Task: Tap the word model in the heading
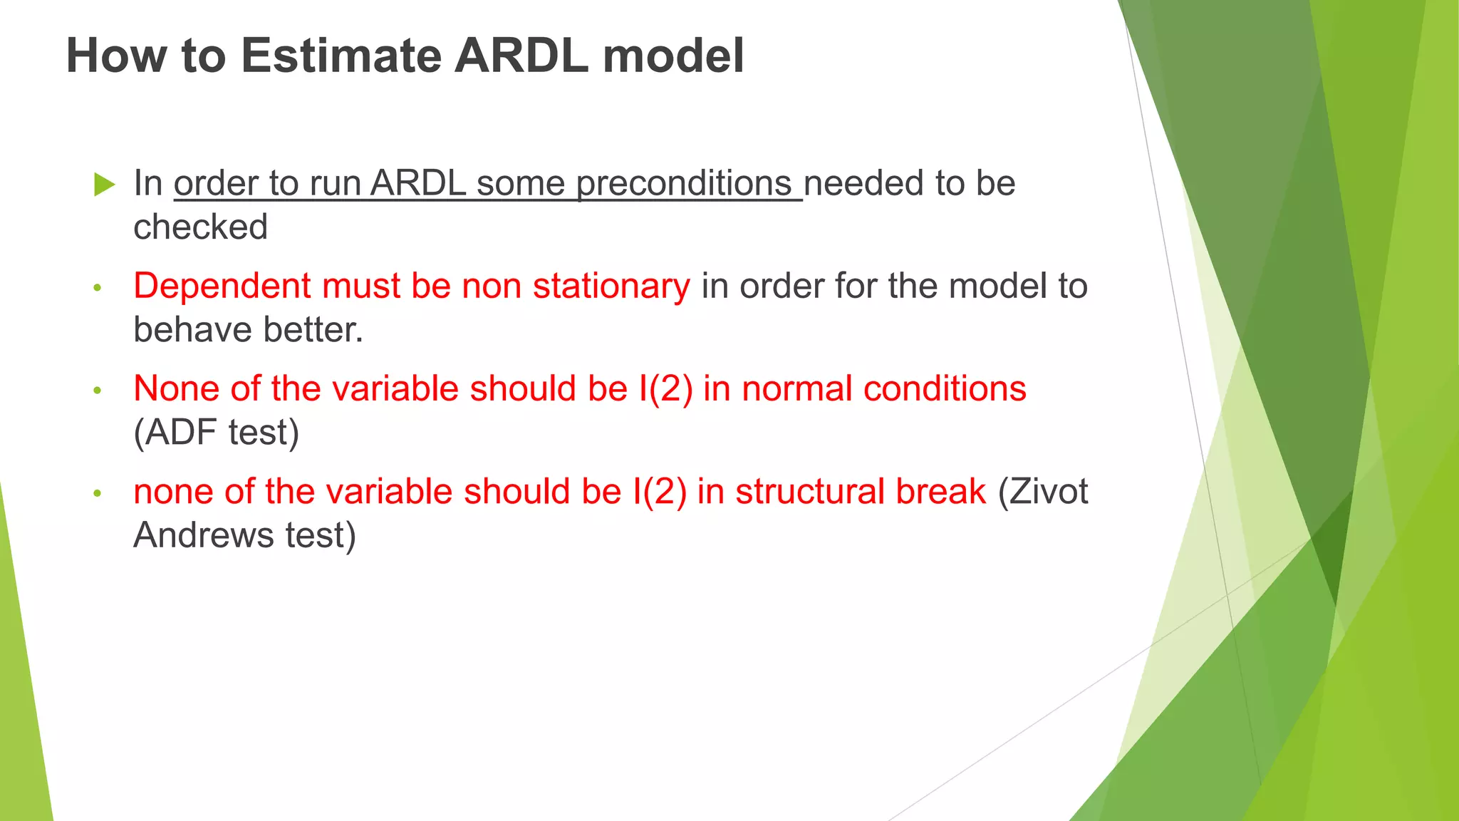673,56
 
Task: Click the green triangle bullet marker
104,185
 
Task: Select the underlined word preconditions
683,184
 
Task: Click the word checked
200,227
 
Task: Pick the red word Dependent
222,286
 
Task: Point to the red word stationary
611,286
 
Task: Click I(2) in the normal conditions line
665,389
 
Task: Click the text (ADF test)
216,433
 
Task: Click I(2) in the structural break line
659,492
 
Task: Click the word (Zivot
1043,492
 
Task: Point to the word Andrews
204,535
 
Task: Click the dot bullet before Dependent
98,288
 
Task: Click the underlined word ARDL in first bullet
418,184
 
